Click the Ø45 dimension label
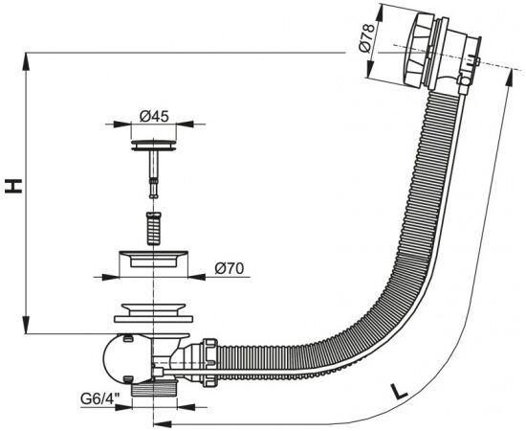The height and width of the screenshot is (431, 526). [154, 117]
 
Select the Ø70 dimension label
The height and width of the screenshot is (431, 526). [230, 268]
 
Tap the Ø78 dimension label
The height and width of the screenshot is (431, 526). [366, 37]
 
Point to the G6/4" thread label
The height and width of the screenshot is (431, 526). [100, 399]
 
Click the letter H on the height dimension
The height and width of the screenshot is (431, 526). [13, 187]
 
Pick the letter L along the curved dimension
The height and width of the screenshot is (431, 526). [400, 391]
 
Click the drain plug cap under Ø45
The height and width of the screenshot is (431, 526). [154, 146]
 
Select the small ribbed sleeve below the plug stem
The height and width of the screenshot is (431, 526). [154, 229]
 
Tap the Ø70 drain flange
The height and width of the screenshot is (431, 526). [154, 259]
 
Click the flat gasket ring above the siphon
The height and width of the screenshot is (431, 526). [154, 319]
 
